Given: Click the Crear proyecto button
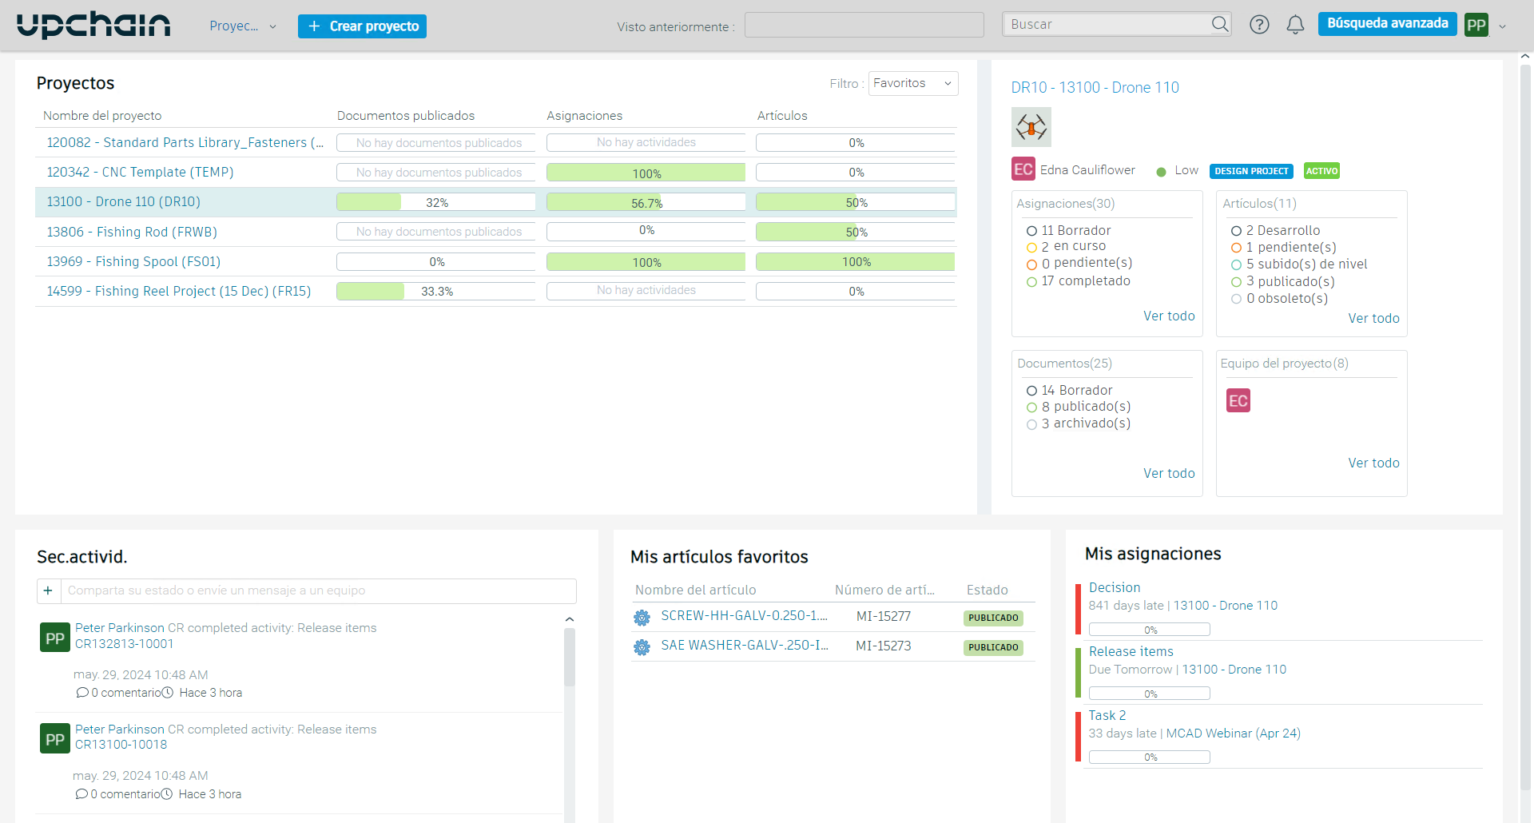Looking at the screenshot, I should tap(362, 26).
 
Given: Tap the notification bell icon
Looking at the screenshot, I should tap(1295, 25).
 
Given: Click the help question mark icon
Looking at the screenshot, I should tap(1259, 25).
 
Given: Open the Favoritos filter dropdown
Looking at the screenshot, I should tap(912, 83).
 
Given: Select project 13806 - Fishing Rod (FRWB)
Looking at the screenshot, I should tap(132, 232).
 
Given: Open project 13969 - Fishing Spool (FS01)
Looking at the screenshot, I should tap(133, 261).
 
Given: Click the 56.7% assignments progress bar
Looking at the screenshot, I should tap(646, 203).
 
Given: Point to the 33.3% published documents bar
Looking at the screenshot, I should tap(435, 292).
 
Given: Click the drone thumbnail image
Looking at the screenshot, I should tap(1031, 127).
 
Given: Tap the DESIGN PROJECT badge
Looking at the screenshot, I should tap(1251, 171).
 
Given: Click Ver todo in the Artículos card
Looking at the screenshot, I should tap(1373, 318).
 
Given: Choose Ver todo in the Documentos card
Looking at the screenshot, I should tap(1169, 473).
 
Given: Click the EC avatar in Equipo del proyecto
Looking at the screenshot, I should tap(1238, 401).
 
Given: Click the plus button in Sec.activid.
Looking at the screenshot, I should tap(48, 590).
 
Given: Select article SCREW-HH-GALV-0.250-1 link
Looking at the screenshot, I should tap(743, 616).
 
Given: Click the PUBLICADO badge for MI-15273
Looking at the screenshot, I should tap(993, 647).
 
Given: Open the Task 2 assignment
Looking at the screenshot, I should tap(1107, 715).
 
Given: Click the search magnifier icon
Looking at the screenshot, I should tap(1219, 24).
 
